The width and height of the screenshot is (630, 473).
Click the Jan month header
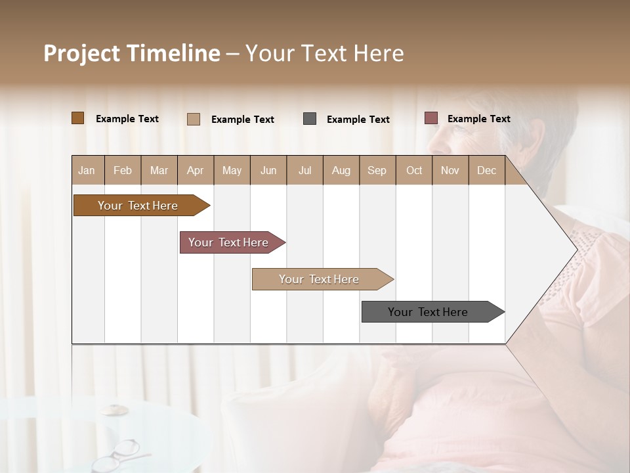[x=87, y=170]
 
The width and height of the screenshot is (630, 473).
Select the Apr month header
[x=196, y=170]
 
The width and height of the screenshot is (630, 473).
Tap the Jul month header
[x=304, y=170]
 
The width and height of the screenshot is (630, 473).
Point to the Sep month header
[x=377, y=170]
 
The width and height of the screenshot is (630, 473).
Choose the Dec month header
[x=486, y=170]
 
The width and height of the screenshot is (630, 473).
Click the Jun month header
[x=268, y=170]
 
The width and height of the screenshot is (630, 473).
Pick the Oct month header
[x=414, y=170]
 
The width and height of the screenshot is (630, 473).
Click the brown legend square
[x=78, y=118]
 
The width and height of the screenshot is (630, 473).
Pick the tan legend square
[x=194, y=119]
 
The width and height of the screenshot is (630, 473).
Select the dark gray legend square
[x=310, y=119]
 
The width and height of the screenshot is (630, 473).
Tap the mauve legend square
[x=430, y=118]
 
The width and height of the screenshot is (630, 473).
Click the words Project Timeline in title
[x=131, y=53]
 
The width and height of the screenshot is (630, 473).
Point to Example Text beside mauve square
[x=478, y=118]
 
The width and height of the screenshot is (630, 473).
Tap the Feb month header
[x=123, y=170]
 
